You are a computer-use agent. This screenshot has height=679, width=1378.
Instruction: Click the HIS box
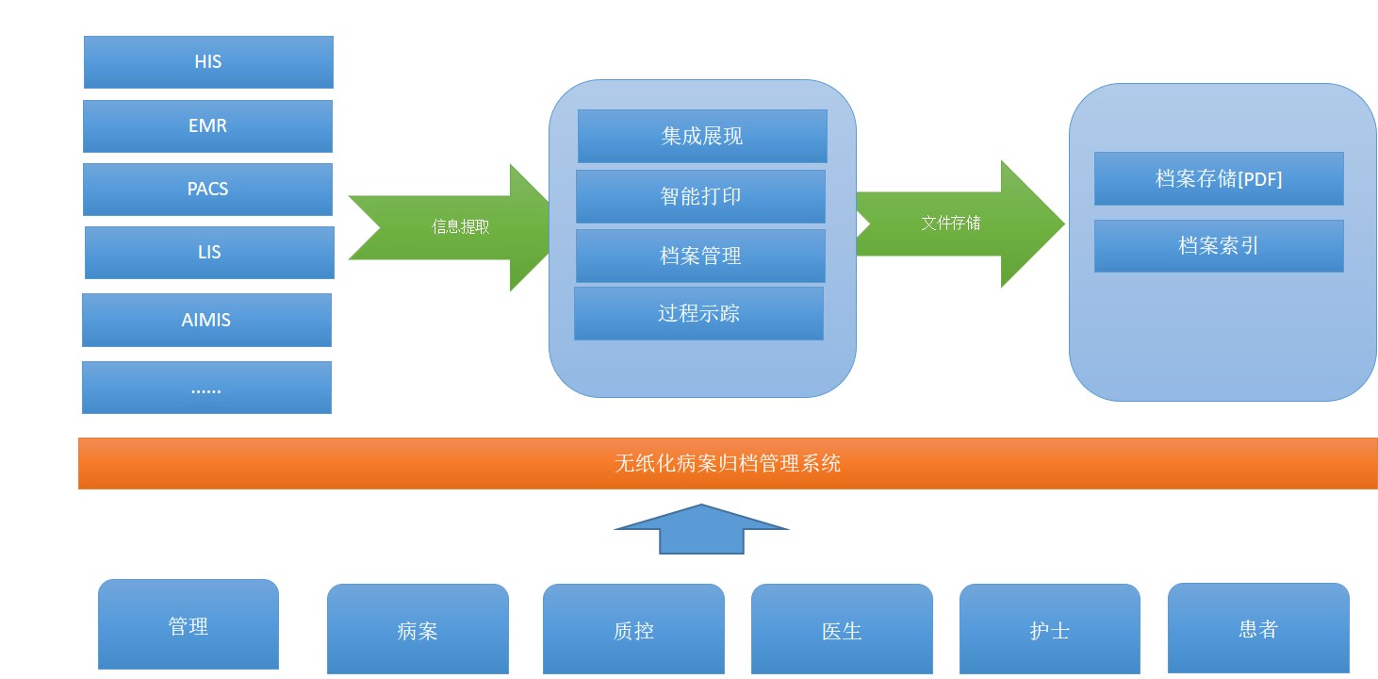(208, 62)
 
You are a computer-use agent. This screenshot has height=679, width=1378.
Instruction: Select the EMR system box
(208, 126)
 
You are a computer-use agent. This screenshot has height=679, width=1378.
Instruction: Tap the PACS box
(208, 190)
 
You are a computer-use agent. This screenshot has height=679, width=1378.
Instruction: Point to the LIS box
(210, 253)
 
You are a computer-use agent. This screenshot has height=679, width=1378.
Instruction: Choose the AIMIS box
(206, 320)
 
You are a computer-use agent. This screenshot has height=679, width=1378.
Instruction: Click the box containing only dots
(206, 388)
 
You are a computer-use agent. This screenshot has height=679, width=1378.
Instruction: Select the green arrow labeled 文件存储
(960, 224)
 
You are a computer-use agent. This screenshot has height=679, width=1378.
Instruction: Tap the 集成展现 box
(702, 136)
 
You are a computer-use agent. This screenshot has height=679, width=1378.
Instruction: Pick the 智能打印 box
(700, 196)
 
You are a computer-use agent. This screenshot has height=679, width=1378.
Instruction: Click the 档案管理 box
(700, 257)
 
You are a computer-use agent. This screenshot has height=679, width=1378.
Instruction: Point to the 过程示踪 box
(698, 313)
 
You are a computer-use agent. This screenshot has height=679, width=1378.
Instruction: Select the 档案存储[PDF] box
(1219, 178)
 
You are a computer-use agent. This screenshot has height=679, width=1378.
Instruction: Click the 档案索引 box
(1219, 246)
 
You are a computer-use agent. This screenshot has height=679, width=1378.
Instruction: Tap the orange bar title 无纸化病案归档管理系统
(727, 464)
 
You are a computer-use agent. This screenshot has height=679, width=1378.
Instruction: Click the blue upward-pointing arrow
(701, 529)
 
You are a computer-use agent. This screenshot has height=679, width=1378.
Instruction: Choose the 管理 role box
(189, 624)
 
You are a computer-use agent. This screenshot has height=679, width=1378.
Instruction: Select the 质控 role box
(633, 629)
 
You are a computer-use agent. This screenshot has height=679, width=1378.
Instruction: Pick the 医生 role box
(842, 629)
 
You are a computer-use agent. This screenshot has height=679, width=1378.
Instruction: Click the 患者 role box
(1258, 628)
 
